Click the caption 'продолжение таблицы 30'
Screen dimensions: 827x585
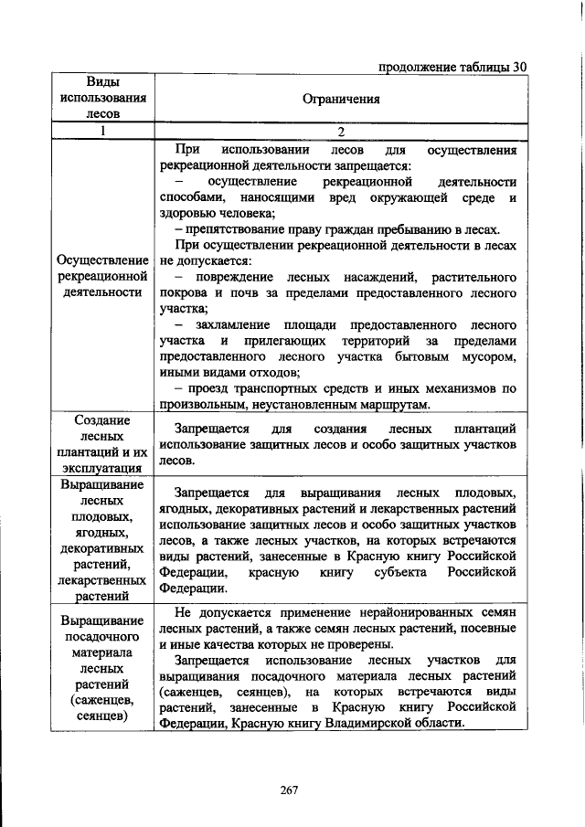[452, 67]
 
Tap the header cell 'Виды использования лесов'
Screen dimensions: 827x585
[103, 98]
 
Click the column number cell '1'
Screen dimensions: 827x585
[103, 131]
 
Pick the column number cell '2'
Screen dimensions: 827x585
[340, 131]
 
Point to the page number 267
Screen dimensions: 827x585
[290, 790]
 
